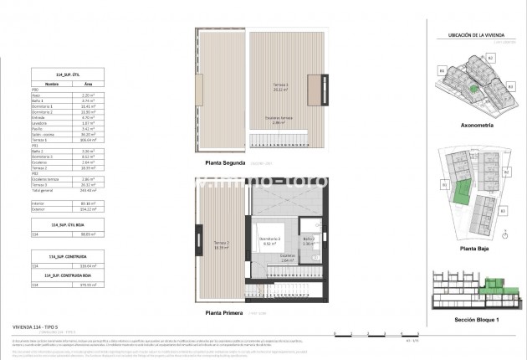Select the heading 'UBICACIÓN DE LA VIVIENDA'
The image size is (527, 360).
473,33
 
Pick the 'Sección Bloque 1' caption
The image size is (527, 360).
473,320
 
